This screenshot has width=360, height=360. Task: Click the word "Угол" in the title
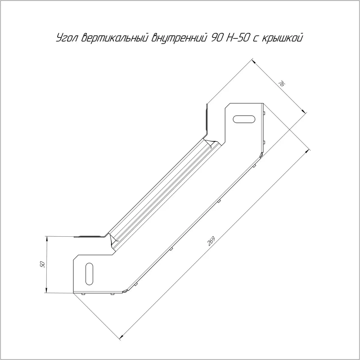tap(67, 37)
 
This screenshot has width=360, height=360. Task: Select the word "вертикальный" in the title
tap(114, 38)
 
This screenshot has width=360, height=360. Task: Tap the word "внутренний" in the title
tap(178, 38)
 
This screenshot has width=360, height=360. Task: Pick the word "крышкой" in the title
tap(283, 38)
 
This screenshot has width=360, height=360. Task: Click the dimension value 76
tap(282, 84)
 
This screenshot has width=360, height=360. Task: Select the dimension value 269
tap(211, 241)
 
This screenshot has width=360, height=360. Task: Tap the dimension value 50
tap(42, 264)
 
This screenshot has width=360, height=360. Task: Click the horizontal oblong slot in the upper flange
tap(244, 119)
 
